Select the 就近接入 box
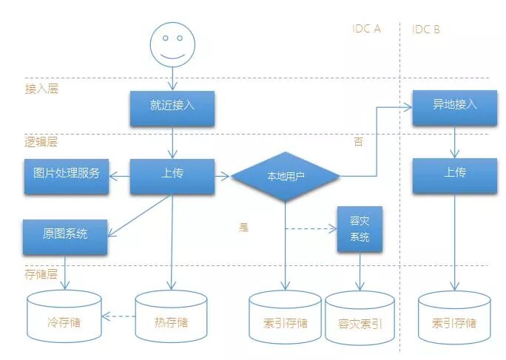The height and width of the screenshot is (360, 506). click(172, 106)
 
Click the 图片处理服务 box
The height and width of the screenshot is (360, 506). click(66, 174)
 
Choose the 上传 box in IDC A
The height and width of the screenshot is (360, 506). click(172, 174)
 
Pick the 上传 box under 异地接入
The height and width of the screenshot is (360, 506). click(454, 174)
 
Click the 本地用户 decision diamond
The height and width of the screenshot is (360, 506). click(285, 177)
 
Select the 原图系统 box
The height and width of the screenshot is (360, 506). click(65, 234)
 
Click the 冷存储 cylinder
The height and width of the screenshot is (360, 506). click(64, 318)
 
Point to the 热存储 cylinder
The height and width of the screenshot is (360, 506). click(172, 318)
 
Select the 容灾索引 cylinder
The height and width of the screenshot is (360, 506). click(360, 319)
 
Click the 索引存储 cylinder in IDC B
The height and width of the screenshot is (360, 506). click(453, 319)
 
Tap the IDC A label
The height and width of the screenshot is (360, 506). click(366, 30)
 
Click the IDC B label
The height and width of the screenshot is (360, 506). click(426, 30)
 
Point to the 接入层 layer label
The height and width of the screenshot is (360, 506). click(41, 89)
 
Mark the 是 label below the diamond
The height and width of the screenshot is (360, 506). click(243, 227)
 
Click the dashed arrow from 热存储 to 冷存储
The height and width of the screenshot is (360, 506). click(118, 317)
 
